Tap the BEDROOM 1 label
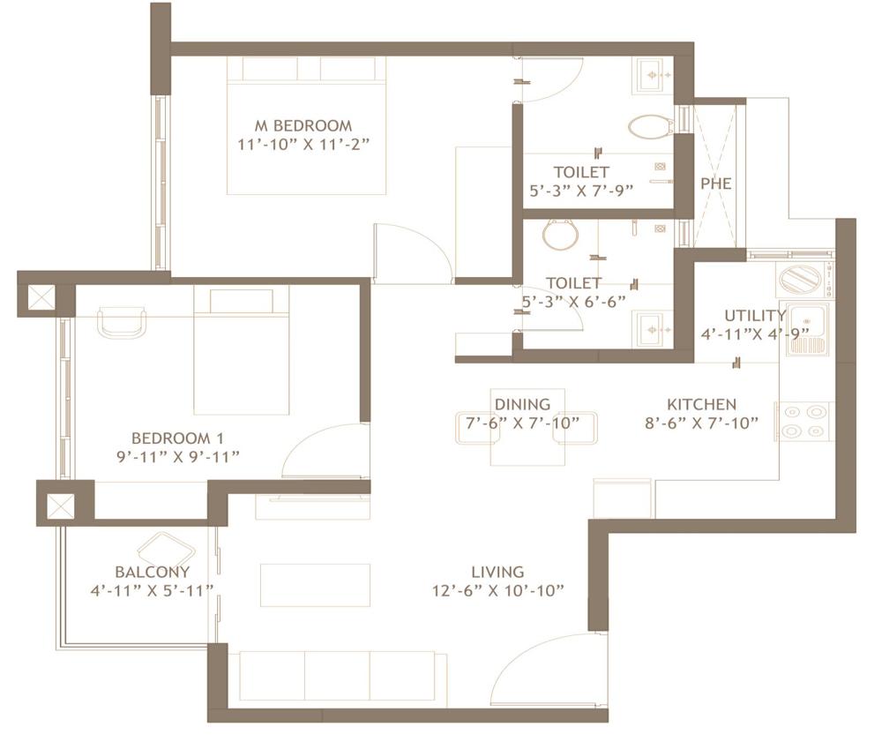click(x=172, y=438)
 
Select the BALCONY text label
click(x=152, y=572)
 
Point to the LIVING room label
click(x=497, y=572)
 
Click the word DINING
click(x=522, y=404)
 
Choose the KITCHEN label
click(x=701, y=404)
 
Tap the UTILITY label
click(x=755, y=316)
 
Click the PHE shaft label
click(x=716, y=184)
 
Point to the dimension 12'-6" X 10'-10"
click(x=497, y=590)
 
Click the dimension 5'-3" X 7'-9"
click(x=581, y=189)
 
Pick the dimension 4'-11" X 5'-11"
click(x=152, y=590)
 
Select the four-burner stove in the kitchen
click(x=804, y=421)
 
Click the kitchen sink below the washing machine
click(x=808, y=328)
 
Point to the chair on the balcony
click(x=167, y=550)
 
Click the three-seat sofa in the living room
click(x=337, y=675)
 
